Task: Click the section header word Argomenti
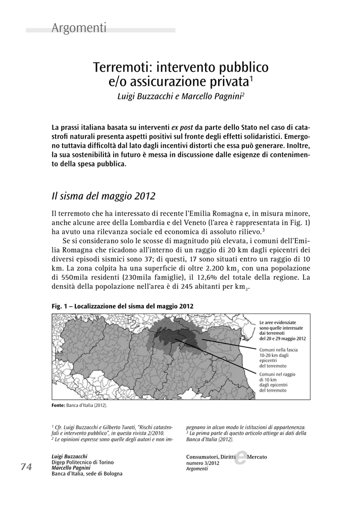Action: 79,28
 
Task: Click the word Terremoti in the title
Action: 123,67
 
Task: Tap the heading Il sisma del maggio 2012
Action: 104,195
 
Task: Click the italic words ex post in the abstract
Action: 182,128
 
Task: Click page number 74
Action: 26,467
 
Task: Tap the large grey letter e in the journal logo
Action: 241,457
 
